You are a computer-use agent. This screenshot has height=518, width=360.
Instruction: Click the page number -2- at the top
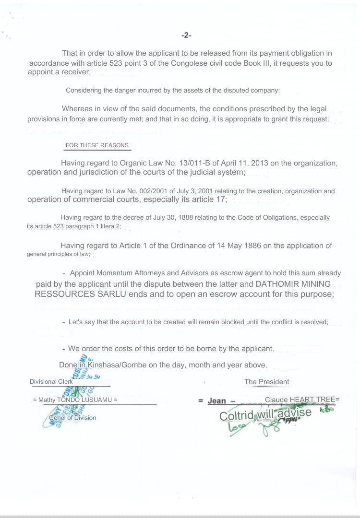point(186,35)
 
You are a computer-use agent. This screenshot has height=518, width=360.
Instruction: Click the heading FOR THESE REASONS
point(97,145)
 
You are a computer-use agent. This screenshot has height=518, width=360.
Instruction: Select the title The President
point(266,382)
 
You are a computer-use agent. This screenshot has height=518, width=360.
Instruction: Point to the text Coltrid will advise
point(265,414)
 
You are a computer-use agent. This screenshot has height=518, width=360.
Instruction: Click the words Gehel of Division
point(72,418)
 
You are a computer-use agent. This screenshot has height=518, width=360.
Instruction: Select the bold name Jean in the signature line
point(216,401)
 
